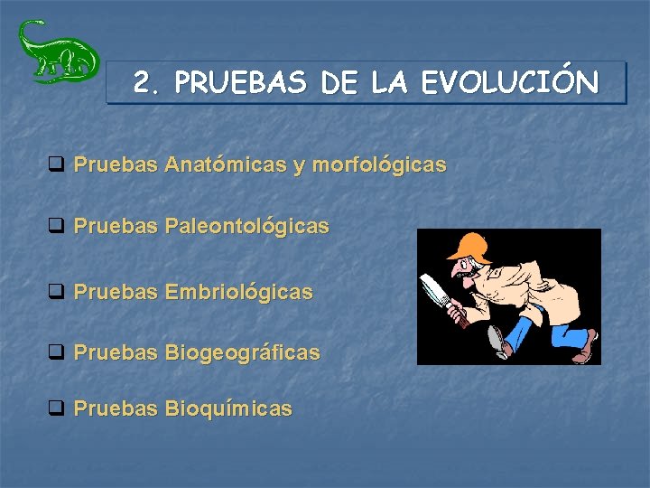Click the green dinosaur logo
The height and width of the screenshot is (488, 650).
point(56,52)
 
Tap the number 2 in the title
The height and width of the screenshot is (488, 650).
point(142,83)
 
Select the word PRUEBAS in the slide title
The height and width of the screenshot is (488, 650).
point(242,84)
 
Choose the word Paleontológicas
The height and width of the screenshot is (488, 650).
point(246,226)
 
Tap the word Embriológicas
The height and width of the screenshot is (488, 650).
point(238,292)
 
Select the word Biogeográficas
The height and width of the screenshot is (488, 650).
point(242,352)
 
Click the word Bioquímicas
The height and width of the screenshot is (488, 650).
point(228,408)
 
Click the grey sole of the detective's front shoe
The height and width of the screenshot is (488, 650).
point(496,342)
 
